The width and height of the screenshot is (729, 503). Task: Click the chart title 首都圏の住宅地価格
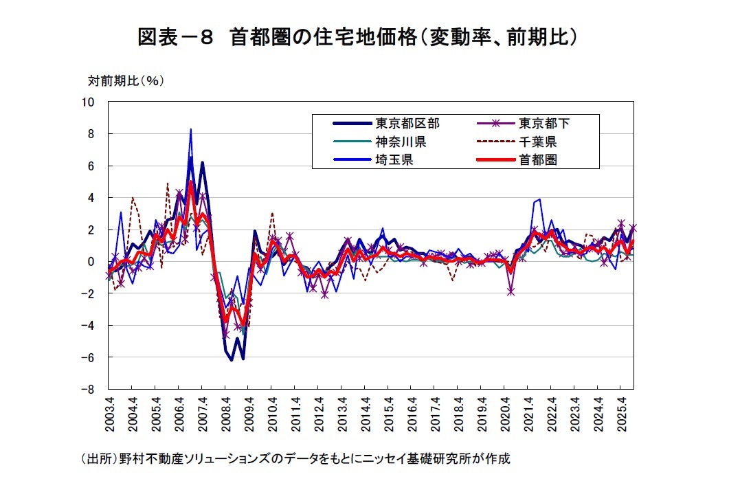coord(357,36)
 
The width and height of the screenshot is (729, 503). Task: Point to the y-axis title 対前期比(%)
coord(126,80)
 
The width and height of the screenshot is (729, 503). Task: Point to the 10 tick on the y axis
coord(88,102)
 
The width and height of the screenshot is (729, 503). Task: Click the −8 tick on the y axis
coord(88,389)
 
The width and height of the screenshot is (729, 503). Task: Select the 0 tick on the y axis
coord(91,262)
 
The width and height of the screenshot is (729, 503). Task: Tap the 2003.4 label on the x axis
coord(109,414)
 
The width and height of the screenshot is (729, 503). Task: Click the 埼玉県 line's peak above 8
coord(190,129)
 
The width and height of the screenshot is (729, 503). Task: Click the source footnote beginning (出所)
coord(295,458)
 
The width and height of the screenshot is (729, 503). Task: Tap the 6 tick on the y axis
coord(91,166)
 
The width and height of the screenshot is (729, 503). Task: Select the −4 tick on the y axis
coord(88,326)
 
